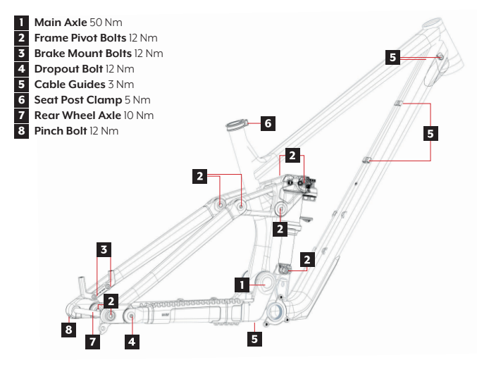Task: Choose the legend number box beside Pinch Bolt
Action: tap(23, 131)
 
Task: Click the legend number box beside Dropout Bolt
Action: tap(23, 69)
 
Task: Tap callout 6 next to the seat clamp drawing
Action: tap(267, 123)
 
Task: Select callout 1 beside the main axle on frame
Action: tap(242, 284)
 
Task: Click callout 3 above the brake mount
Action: tap(104, 249)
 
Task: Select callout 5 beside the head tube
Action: tap(393, 58)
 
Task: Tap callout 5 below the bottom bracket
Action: tap(255, 339)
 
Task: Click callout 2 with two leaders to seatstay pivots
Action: tap(201, 176)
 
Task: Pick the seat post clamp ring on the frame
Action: tap(237, 126)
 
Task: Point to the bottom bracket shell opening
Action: tap(275, 311)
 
